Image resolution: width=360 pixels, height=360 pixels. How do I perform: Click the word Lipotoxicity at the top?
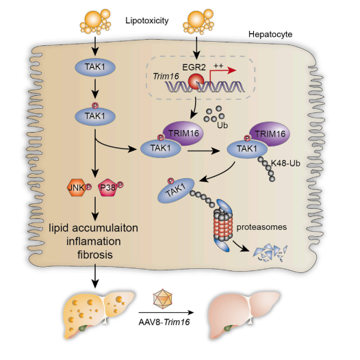tap(147, 21)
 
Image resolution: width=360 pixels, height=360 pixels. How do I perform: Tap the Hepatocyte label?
tap(270, 34)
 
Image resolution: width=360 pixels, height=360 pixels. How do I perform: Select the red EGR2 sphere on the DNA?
tap(196, 81)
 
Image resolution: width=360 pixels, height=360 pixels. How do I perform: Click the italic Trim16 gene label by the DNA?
tap(166, 76)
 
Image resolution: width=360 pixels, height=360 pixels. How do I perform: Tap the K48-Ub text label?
tap(285, 164)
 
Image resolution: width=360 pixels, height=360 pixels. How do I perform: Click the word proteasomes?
tap(261, 227)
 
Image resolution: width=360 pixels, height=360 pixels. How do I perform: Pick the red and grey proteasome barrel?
tap(222, 225)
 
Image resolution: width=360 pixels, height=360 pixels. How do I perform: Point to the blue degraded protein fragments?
tap(270, 253)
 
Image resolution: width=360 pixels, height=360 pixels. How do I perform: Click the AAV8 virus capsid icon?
tap(163, 298)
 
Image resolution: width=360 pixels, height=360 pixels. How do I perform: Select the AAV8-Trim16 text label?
tap(164, 322)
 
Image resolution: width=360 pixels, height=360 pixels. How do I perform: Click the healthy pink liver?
tap(244, 315)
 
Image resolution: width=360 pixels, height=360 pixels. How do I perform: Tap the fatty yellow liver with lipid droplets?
tap(99, 315)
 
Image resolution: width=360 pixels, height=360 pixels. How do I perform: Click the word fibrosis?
tap(95, 255)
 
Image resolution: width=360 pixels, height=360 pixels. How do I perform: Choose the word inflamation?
tap(94, 242)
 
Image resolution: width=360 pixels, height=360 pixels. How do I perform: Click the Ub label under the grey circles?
tap(222, 125)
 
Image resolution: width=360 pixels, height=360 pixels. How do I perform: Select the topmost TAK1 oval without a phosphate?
tap(95, 67)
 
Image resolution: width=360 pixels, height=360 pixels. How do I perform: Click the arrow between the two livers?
tap(166, 313)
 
